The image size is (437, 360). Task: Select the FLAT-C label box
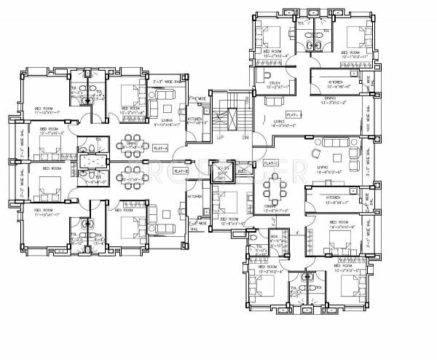coord(270,163)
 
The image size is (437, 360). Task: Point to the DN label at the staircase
coord(245,137)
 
